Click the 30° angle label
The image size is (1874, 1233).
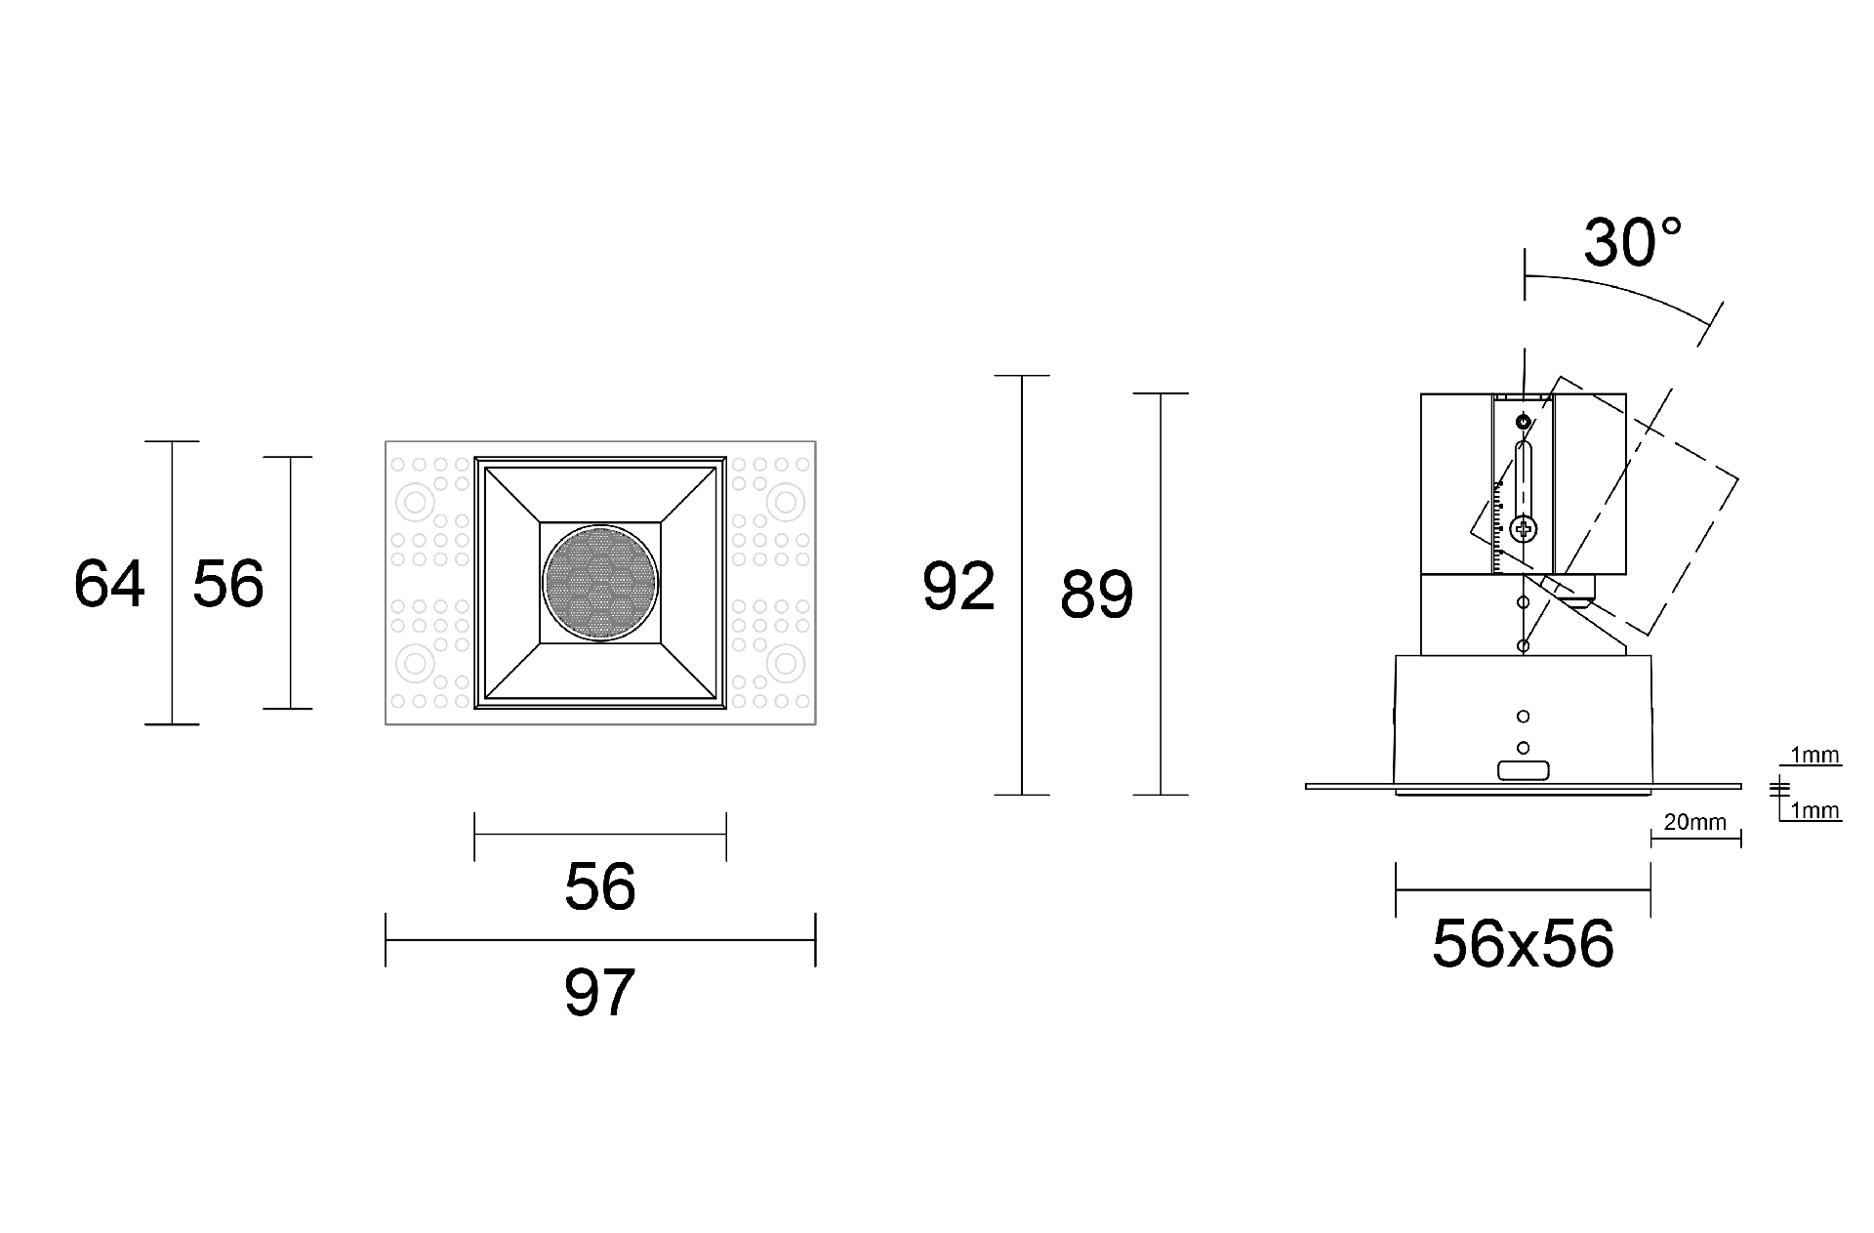pyautogui.click(x=1632, y=243)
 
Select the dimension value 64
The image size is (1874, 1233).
pyautogui.click(x=109, y=584)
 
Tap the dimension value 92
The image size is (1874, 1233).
pyautogui.click(x=958, y=587)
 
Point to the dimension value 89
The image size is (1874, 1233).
pyautogui.click(x=1096, y=594)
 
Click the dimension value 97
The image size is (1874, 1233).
pyautogui.click(x=599, y=992)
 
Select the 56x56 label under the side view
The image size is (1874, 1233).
pyautogui.click(x=1523, y=944)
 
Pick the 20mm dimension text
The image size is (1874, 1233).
pyautogui.click(x=1694, y=822)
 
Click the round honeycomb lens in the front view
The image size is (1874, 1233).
pyautogui.click(x=600, y=583)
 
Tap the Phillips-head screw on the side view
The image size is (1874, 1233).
pyautogui.click(x=1523, y=530)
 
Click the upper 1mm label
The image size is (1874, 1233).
pyautogui.click(x=1814, y=755)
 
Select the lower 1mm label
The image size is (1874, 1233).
pyautogui.click(x=1814, y=810)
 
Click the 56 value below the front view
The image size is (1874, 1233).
pyautogui.click(x=599, y=886)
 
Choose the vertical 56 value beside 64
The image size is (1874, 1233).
pyautogui.click(x=228, y=584)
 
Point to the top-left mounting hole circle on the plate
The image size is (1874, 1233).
pyautogui.click(x=415, y=504)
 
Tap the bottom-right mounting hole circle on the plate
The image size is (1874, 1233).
pyautogui.click(x=784, y=664)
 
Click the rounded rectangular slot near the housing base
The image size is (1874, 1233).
pyautogui.click(x=1523, y=771)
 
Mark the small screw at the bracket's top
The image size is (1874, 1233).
pyautogui.click(x=1523, y=422)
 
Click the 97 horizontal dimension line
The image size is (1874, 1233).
pyautogui.click(x=599, y=940)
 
